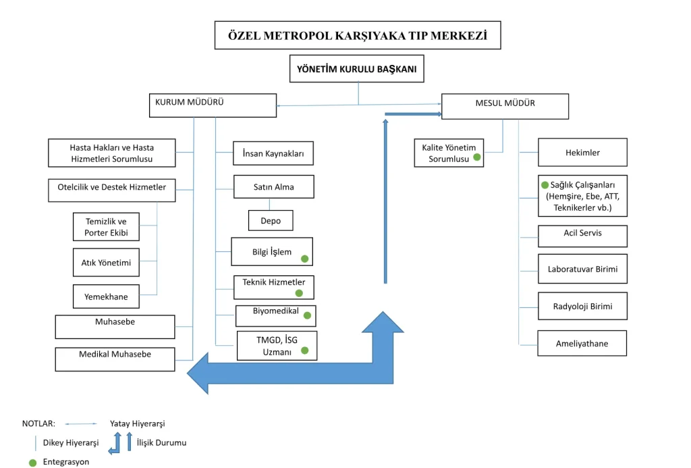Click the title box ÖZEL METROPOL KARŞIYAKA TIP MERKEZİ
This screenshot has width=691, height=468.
[358, 36]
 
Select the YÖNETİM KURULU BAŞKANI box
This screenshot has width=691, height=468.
[357, 69]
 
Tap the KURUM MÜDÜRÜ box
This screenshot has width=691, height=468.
[212, 105]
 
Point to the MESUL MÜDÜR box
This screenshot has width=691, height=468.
[505, 106]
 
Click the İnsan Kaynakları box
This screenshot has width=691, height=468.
[273, 153]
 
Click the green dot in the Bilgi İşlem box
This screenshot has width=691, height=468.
[305, 258]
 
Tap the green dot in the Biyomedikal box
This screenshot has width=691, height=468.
[308, 315]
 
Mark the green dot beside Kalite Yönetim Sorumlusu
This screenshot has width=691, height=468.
[477, 157]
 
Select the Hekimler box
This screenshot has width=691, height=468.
[582, 153]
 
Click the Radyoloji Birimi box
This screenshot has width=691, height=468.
[582, 307]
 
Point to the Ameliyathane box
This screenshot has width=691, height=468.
[582, 343]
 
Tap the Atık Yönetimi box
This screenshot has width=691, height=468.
[106, 262]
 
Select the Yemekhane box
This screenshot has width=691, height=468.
[106, 296]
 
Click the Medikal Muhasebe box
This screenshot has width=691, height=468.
[115, 359]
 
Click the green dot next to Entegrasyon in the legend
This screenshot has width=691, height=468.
[32, 463]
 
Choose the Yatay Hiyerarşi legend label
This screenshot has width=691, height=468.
[138, 423]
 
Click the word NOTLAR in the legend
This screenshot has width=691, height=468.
[38, 423]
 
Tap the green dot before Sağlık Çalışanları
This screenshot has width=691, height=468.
[545, 184]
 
